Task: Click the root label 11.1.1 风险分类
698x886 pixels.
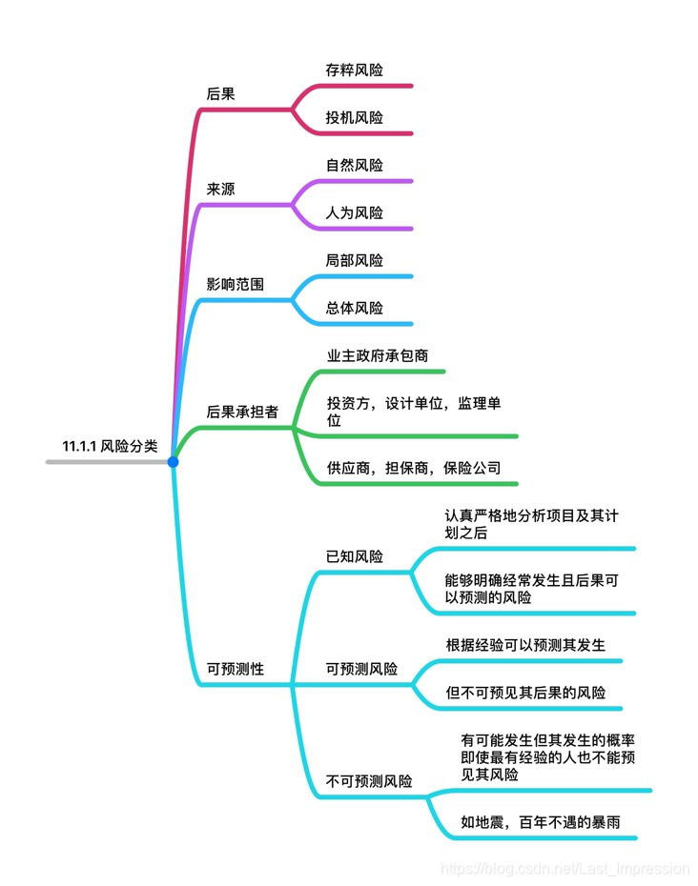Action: (110, 445)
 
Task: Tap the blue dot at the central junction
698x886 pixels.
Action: (173, 462)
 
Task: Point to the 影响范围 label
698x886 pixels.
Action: (235, 284)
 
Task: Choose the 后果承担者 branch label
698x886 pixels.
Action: (242, 412)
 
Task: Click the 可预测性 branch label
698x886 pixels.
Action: (235, 669)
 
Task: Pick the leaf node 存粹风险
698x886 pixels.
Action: (354, 70)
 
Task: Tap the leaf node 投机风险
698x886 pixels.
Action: (354, 117)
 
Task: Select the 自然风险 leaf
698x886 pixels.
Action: (354, 165)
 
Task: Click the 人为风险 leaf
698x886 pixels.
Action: (354, 212)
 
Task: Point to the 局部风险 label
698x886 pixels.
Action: (354, 260)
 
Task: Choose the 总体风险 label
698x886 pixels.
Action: (354, 308)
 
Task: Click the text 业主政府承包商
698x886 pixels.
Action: (377, 355)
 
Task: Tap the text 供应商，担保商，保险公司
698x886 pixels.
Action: (414, 468)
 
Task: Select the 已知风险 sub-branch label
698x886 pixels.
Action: (354, 556)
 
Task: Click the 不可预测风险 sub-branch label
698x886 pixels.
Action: (369, 781)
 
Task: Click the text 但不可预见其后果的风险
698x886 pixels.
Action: (525, 693)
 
